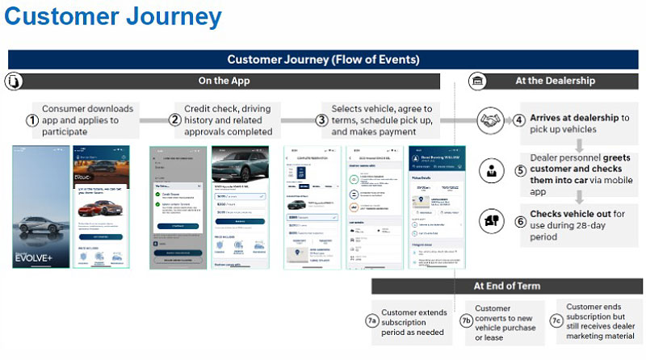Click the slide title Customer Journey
click(112, 17)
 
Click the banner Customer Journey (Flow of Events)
click(323, 59)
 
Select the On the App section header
click(224, 81)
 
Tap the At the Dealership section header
click(555, 81)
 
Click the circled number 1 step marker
click(32, 120)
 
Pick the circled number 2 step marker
click(174, 120)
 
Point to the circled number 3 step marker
click(321, 120)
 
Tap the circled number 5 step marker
click(520, 171)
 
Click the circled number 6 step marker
click(520, 220)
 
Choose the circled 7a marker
click(371, 320)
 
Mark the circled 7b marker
click(466, 320)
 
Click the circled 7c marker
click(556, 320)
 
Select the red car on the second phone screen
click(100, 207)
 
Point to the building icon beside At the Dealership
click(476, 81)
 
